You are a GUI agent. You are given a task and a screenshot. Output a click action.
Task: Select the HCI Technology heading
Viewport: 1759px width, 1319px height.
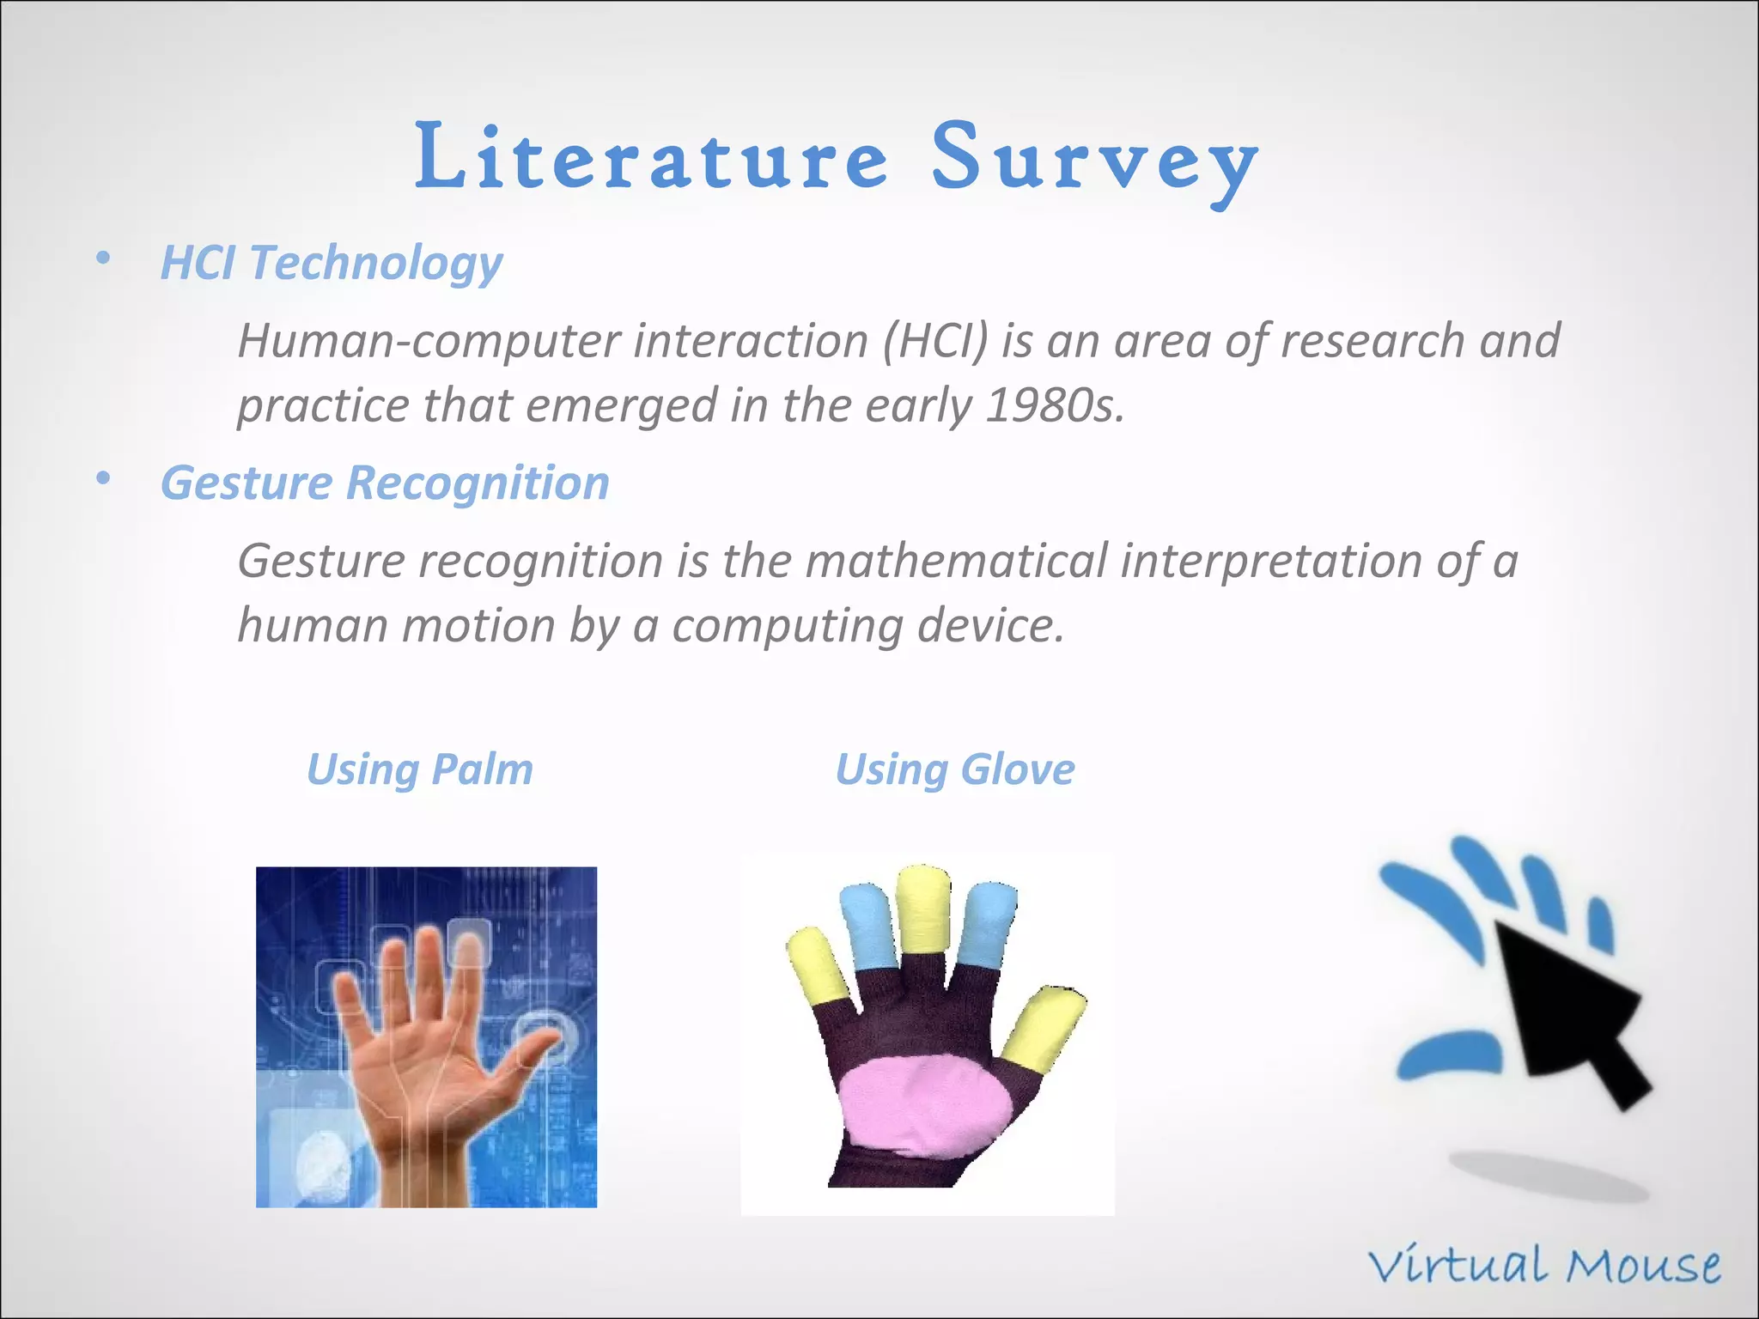click(332, 262)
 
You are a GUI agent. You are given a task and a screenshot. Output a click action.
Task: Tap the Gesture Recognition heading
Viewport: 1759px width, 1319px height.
click(385, 483)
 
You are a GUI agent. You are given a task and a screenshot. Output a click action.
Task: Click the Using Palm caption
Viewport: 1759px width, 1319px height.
click(419, 769)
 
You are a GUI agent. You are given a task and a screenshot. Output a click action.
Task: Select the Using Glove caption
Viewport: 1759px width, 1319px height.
click(954, 769)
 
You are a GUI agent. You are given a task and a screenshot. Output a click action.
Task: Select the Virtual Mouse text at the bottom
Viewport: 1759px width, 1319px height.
click(1543, 1267)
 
